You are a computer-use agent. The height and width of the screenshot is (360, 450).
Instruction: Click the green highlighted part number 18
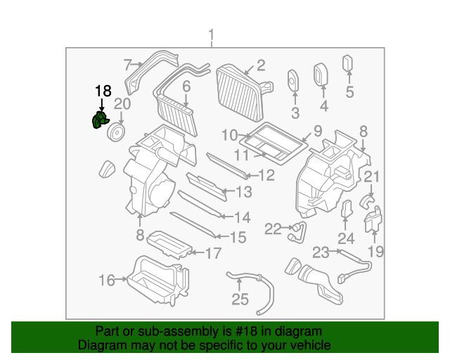98,122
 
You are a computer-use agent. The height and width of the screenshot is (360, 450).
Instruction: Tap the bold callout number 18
103,90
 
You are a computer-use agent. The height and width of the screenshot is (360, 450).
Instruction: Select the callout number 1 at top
212,35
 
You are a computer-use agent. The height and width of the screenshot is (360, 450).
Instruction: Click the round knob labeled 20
115,131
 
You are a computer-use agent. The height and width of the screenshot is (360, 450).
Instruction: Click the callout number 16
106,281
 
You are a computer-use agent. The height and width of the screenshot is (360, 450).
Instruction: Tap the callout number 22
273,227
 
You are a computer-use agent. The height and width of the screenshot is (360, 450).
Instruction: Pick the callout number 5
349,91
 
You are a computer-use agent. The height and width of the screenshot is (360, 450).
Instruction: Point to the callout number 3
295,112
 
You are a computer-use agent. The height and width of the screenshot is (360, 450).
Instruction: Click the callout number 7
127,65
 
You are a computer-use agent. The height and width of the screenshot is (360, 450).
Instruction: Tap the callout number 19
376,251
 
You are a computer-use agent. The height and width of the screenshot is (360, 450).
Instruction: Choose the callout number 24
346,238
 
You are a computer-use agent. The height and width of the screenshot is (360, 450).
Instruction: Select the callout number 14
241,217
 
